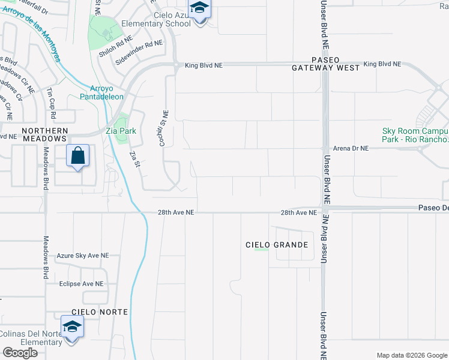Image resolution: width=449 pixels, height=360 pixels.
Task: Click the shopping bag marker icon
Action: (78, 157)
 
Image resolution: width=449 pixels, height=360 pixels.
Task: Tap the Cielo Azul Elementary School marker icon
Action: (199, 10)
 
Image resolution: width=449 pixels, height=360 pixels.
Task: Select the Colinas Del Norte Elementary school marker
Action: (71, 328)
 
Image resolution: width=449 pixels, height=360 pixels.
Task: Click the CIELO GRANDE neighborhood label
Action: (277, 245)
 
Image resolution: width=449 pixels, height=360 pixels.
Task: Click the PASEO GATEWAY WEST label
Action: (326, 64)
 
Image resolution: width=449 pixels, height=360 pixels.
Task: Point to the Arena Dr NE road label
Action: (351, 148)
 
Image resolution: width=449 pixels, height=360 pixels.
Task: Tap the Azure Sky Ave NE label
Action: (83, 256)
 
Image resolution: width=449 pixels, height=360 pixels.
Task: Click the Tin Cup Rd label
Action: (51, 103)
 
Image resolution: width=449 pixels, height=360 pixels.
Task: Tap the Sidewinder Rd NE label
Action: (139, 52)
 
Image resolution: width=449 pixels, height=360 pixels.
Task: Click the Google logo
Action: (20, 353)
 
